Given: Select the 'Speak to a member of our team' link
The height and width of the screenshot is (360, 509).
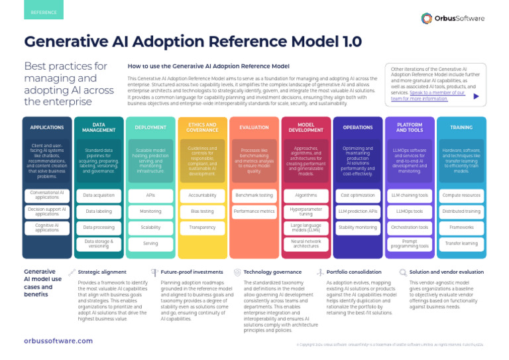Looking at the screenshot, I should [x=427, y=95].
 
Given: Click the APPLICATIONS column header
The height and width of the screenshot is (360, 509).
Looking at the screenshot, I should [x=46, y=127].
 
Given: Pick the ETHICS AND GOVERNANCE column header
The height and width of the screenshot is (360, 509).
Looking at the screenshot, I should [x=202, y=127].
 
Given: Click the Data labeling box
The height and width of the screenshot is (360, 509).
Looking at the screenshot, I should [x=98, y=211].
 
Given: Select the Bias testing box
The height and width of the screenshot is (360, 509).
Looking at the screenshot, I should [x=202, y=211].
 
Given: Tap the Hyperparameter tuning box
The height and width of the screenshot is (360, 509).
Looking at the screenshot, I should [x=306, y=211].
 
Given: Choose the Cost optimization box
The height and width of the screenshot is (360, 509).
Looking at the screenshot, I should [x=357, y=196].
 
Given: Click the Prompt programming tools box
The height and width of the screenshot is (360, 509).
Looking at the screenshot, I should [x=409, y=243].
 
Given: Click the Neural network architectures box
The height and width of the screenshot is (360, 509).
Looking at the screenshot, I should [x=306, y=243].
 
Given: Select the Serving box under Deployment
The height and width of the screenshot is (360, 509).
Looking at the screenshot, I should [x=150, y=243].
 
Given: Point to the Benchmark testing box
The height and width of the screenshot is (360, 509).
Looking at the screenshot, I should [x=254, y=196].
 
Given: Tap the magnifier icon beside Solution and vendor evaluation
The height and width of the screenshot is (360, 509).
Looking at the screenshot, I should [x=403, y=272].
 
